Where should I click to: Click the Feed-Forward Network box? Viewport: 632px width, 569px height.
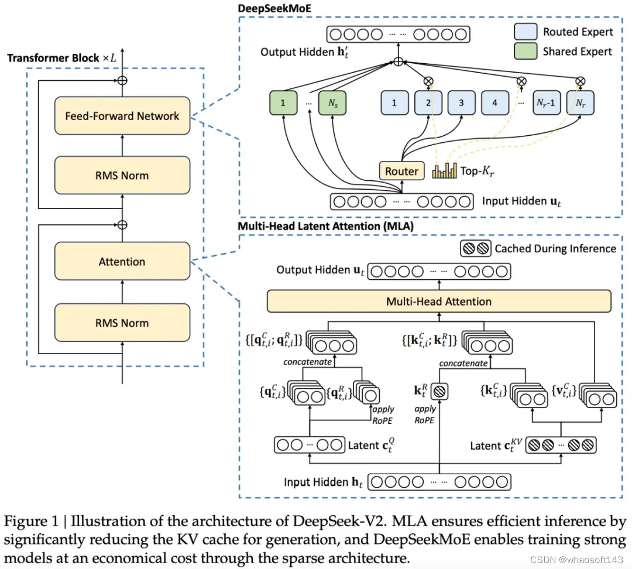[x=122, y=116]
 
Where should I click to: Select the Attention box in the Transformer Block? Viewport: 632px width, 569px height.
[x=122, y=261]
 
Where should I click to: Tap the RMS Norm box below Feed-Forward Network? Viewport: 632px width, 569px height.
[x=122, y=176]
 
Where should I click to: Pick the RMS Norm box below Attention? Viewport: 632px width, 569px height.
[x=122, y=323]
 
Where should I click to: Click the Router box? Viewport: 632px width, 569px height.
[x=401, y=171]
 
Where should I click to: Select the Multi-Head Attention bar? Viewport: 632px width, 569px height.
[x=439, y=301]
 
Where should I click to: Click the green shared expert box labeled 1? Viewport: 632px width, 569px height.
[x=283, y=103]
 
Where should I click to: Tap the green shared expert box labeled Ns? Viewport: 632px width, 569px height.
[x=332, y=103]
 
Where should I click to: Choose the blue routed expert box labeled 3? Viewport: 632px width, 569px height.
[x=462, y=103]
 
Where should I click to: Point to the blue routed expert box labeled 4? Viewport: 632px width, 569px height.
[x=494, y=103]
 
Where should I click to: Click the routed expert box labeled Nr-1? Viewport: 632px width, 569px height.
[x=546, y=103]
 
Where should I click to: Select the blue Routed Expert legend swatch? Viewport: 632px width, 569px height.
[x=525, y=31]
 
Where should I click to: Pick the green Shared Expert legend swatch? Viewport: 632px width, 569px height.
[x=525, y=51]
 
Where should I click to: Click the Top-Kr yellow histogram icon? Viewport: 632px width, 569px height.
[x=445, y=170]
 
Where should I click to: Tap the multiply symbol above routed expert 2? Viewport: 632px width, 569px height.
[x=428, y=81]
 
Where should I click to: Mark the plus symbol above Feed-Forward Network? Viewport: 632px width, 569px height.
[x=122, y=80]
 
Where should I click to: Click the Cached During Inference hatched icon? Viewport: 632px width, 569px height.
[x=476, y=248]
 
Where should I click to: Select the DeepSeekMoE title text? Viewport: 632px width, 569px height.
[x=274, y=8]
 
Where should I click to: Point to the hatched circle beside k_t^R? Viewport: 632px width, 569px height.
[x=439, y=391]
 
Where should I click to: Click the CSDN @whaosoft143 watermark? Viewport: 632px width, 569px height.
[x=577, y=560]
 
